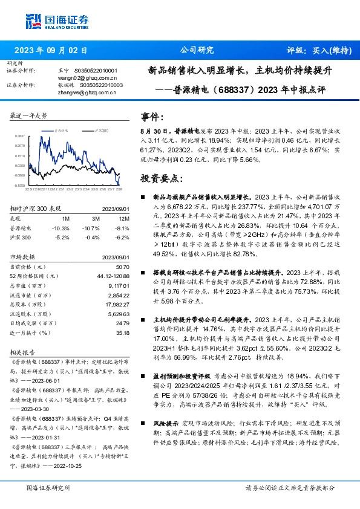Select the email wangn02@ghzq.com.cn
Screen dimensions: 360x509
[x=88, y=77]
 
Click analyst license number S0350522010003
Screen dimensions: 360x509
[x=98, y=85]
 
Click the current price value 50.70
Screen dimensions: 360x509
[x=122, y=267]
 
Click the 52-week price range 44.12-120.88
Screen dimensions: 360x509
[x=113, y=276]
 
